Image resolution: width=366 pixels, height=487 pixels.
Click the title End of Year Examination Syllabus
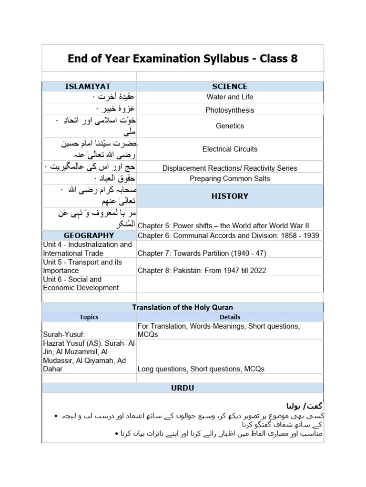click(183, 58)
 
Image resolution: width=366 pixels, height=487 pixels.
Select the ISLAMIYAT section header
click(88, 86)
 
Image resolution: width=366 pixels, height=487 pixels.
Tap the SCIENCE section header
click(230, 86)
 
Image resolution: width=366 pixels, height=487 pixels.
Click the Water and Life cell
click(230, 97)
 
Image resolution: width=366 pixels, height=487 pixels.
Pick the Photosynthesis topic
click(230, 110)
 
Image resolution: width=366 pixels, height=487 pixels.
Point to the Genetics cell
click(230, 126)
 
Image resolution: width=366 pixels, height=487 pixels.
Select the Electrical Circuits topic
click(230, 149)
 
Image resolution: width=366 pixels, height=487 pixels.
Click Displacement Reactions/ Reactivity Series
click(230, 168)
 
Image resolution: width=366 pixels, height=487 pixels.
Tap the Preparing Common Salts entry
click(230, 179)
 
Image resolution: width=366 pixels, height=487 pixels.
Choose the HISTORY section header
click(230, 196)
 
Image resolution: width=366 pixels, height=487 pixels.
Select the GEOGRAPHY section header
click(89, 235)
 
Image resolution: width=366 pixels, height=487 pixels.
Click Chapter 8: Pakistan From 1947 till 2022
click(202, 271)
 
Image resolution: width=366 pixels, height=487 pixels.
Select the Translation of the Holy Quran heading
click(183, 308)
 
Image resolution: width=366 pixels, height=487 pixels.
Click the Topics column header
click(89, 317)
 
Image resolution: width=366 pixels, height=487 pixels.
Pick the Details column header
click(230, 317)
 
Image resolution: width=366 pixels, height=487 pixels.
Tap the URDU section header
click(183, 388)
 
